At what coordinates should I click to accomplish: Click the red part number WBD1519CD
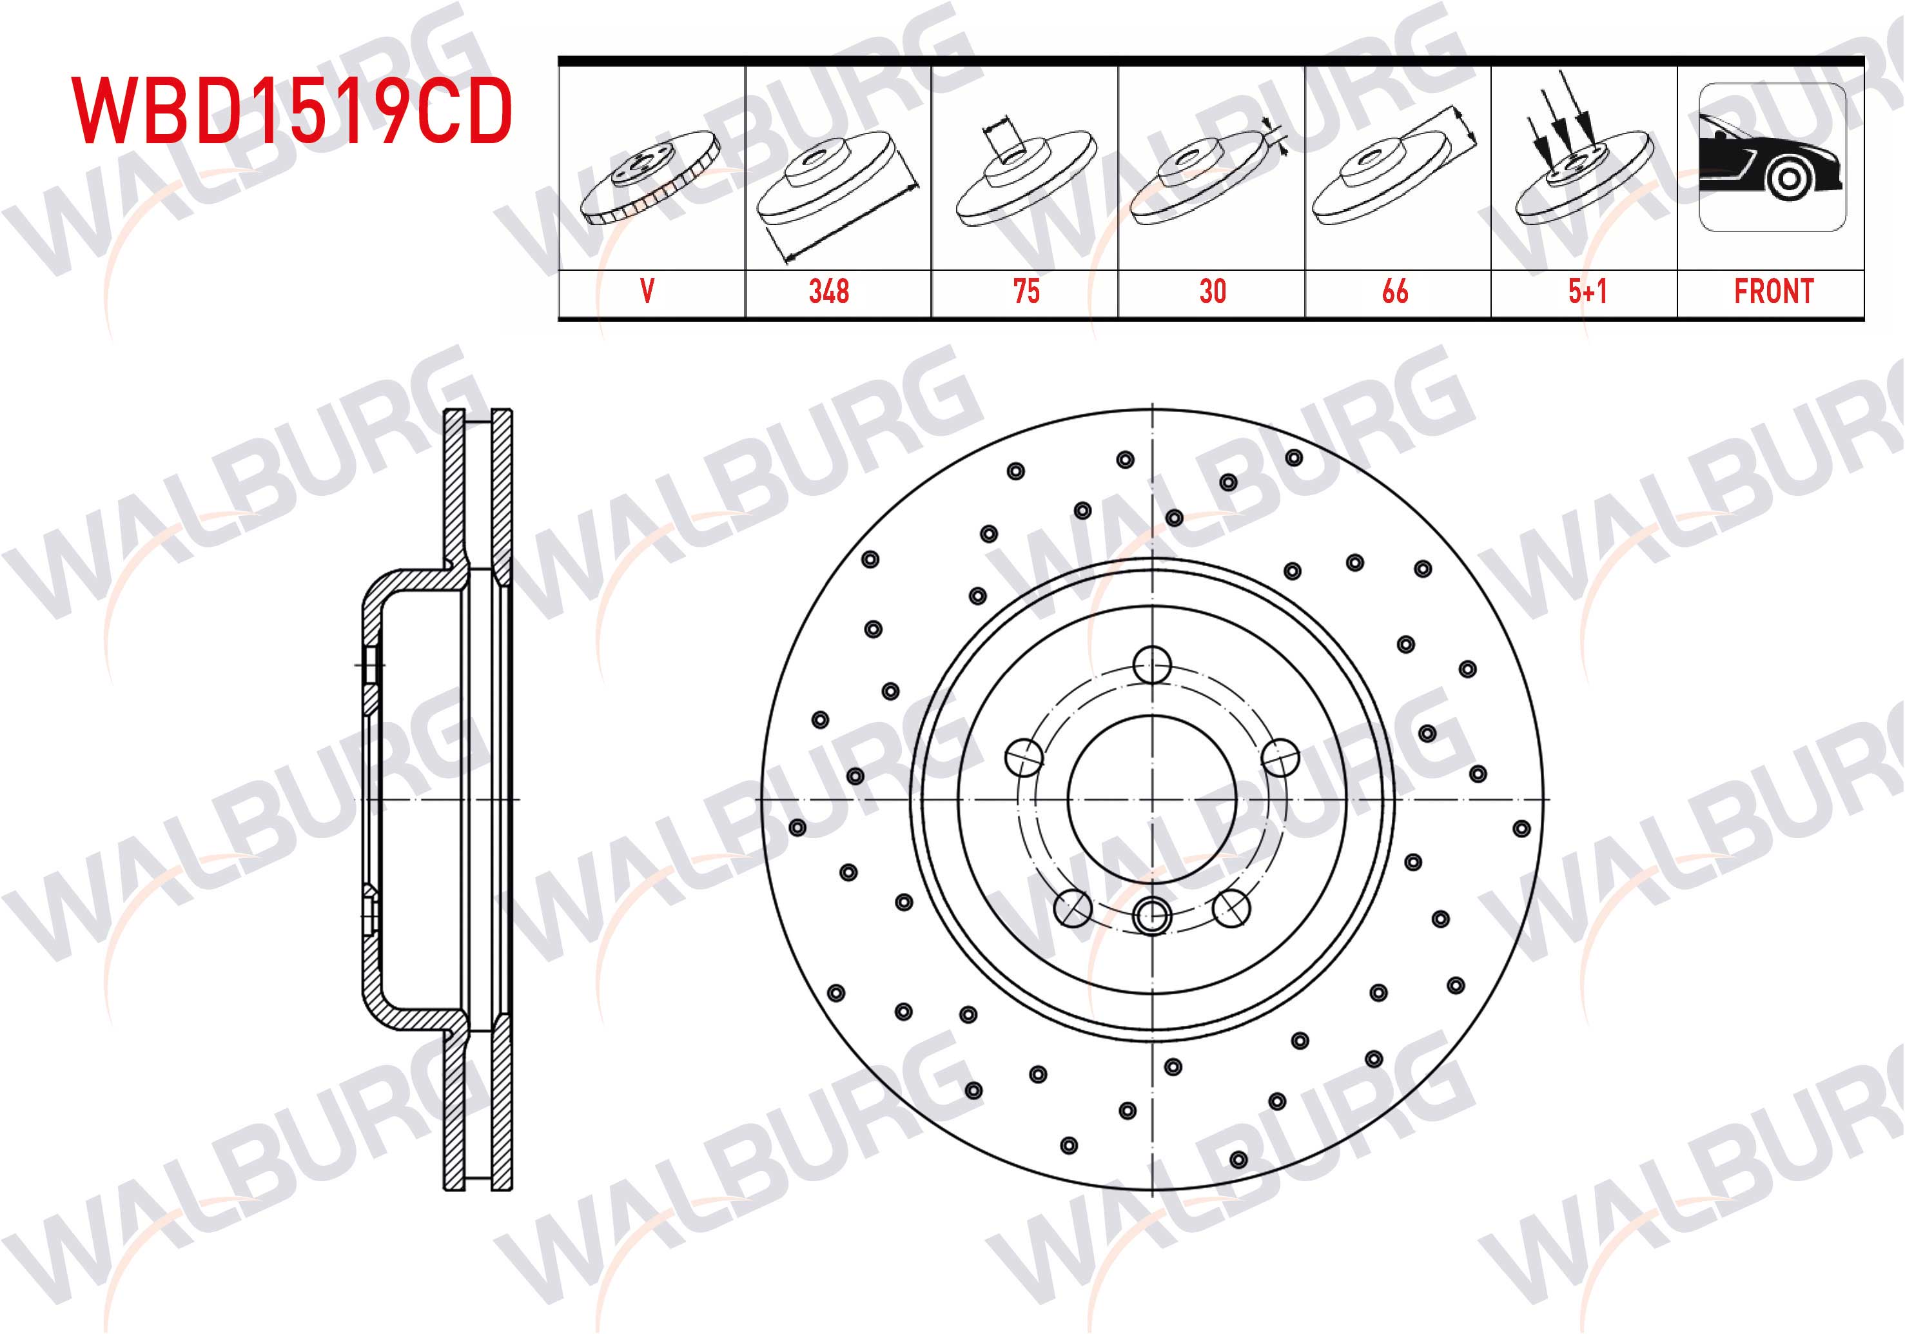point(291,110)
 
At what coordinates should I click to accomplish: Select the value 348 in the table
point(829,291)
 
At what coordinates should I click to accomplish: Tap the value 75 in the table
point(1026,291)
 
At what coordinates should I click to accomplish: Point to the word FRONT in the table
point(1774,291)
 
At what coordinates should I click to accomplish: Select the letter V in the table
point(647,291)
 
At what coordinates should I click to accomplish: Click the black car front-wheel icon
point(1772,157)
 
